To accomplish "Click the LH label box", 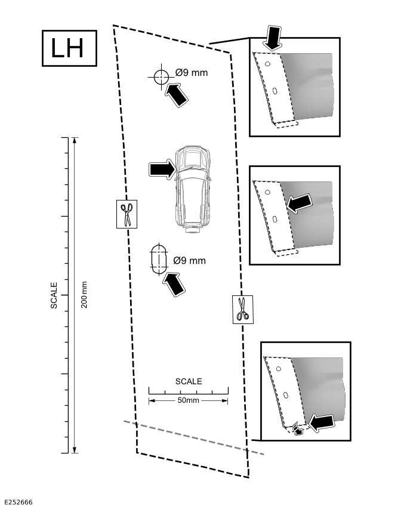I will (x=69, y=48).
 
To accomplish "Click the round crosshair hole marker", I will (x=160, y=77).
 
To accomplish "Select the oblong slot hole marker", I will (x=159, y=259).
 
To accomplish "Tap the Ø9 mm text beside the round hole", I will (x=192, y=73).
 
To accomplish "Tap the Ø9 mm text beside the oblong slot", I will (x=189, y=261).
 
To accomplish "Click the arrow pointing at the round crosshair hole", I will (x=177, y=95).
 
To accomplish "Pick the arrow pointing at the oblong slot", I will (x=174, y=283).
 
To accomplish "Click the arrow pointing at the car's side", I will (x=162, y=169).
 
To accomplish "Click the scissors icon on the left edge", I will (x=127, y=214).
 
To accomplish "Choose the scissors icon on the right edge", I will (x=242, y=309).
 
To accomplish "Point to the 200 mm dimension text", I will (x=84, y=295).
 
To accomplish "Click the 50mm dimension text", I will (x=189, y=400).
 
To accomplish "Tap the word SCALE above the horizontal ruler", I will (x=189, y=381).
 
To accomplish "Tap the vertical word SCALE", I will (x=54, y=295).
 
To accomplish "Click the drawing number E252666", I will (x=18, y=502).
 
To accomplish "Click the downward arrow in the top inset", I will (x=273, y=37).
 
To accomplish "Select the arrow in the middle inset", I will (x=300, y=202).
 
